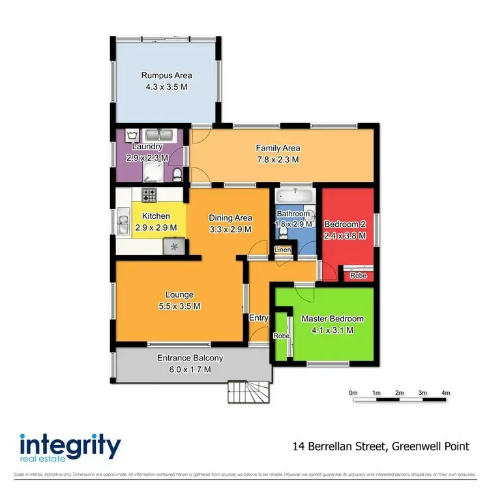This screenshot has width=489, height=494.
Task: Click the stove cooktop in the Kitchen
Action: click(149, 194)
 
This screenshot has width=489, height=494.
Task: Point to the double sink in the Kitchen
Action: click(122, 222)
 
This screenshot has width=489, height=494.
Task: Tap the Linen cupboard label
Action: click(282, 250)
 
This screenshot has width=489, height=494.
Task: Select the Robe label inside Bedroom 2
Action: click(358, 276)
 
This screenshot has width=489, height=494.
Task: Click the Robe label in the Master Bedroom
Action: click(281, 336)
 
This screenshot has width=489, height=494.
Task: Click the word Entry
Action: click(259, 317)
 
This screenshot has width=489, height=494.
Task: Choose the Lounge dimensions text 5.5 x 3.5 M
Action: click(179, 306)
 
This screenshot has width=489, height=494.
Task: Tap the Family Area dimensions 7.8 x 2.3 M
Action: click(277, 159)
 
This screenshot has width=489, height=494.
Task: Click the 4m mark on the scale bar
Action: click(445, 393)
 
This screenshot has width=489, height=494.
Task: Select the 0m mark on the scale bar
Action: click(353, 393)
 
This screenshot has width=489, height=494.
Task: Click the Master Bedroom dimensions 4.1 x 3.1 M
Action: click(332, 330)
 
